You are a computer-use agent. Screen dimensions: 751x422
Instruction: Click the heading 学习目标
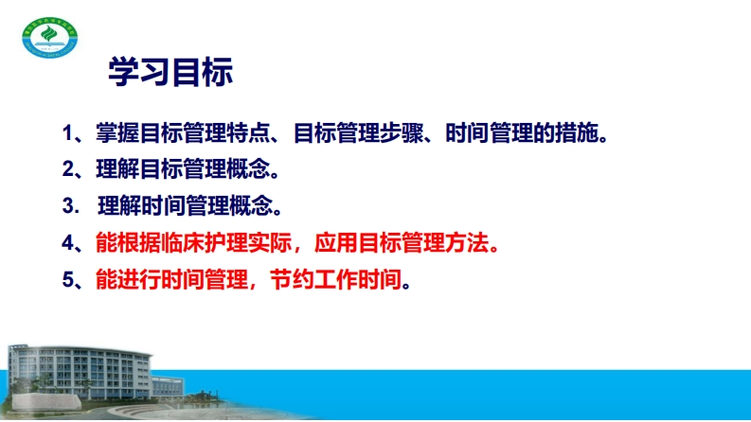pos(170,72)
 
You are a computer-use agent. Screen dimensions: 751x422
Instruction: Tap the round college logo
pos(50,37)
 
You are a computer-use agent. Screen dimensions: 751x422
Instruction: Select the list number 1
pos(67,133)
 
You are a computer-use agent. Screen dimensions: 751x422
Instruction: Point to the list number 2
pos(68,169)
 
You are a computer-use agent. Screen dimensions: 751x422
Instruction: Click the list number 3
pos(68,205)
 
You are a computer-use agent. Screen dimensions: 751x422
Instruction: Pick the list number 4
pos(68,243)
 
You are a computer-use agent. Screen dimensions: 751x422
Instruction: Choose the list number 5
pos(68,279)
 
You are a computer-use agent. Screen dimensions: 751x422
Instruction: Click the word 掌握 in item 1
pos(117,133)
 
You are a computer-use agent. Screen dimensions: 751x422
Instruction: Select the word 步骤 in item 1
pos(402,133)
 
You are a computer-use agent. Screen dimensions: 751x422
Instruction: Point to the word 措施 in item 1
pos(577,133)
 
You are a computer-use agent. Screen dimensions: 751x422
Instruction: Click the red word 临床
pos(183,242)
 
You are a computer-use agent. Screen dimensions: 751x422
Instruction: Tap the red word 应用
pos(336,242)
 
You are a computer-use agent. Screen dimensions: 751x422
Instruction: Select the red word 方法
pos(467,242)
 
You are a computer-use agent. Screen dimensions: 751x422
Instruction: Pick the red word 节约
pos(293,279)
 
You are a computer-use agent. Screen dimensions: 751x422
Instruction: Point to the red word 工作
pos(336,279)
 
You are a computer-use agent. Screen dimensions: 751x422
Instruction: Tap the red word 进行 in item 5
pos(139,279)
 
